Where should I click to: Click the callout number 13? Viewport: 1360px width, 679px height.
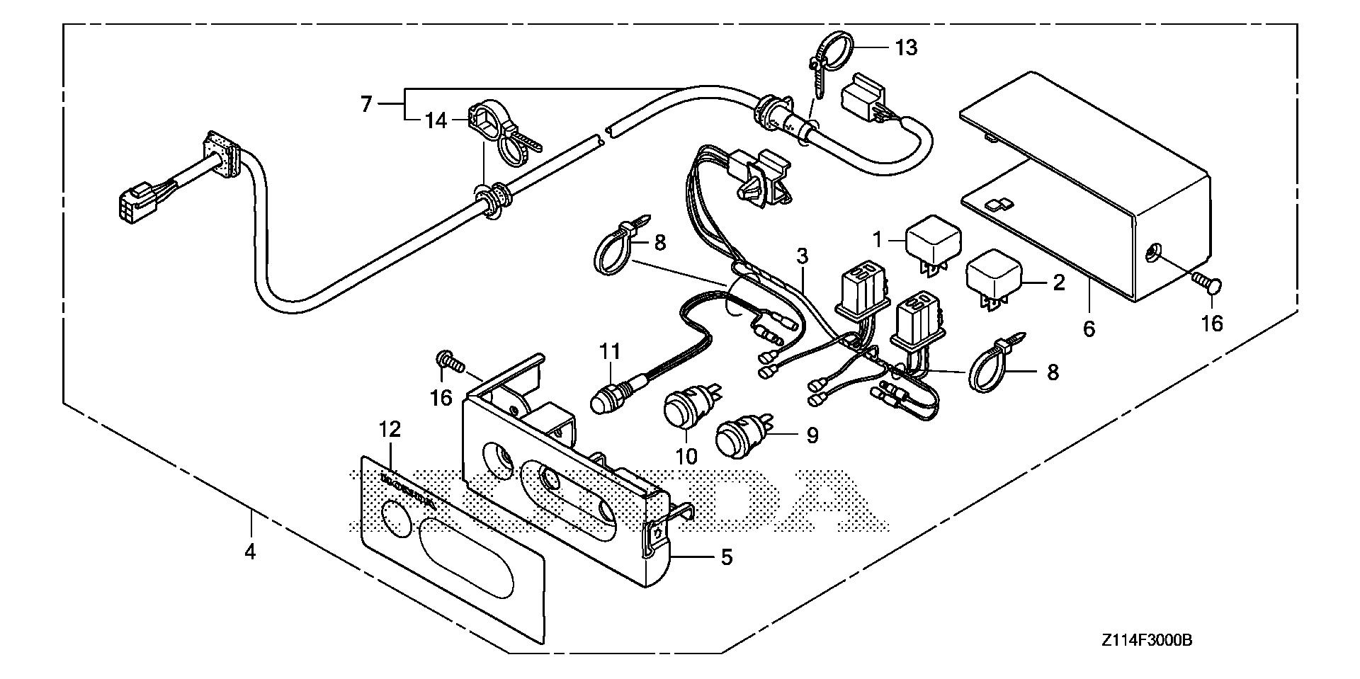[x=906, y=48]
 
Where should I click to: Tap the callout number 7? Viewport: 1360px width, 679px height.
[x=365, y=105]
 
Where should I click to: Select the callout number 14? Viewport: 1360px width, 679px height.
[x=436, y=121]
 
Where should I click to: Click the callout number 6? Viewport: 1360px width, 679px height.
[x=1089, y=329]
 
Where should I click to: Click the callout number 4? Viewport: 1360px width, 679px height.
[x=249, y=551]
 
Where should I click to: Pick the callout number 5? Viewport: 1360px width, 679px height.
[x=726, y=557]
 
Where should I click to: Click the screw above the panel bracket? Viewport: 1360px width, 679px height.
[x=449, y=362]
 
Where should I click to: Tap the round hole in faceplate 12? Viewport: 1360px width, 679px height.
[x=395, y=518]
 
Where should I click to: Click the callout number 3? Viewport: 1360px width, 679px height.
[x=802, y=255]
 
